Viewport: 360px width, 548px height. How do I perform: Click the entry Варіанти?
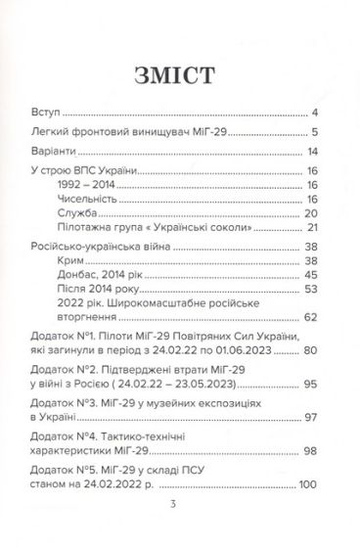[x=57, y=153]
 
